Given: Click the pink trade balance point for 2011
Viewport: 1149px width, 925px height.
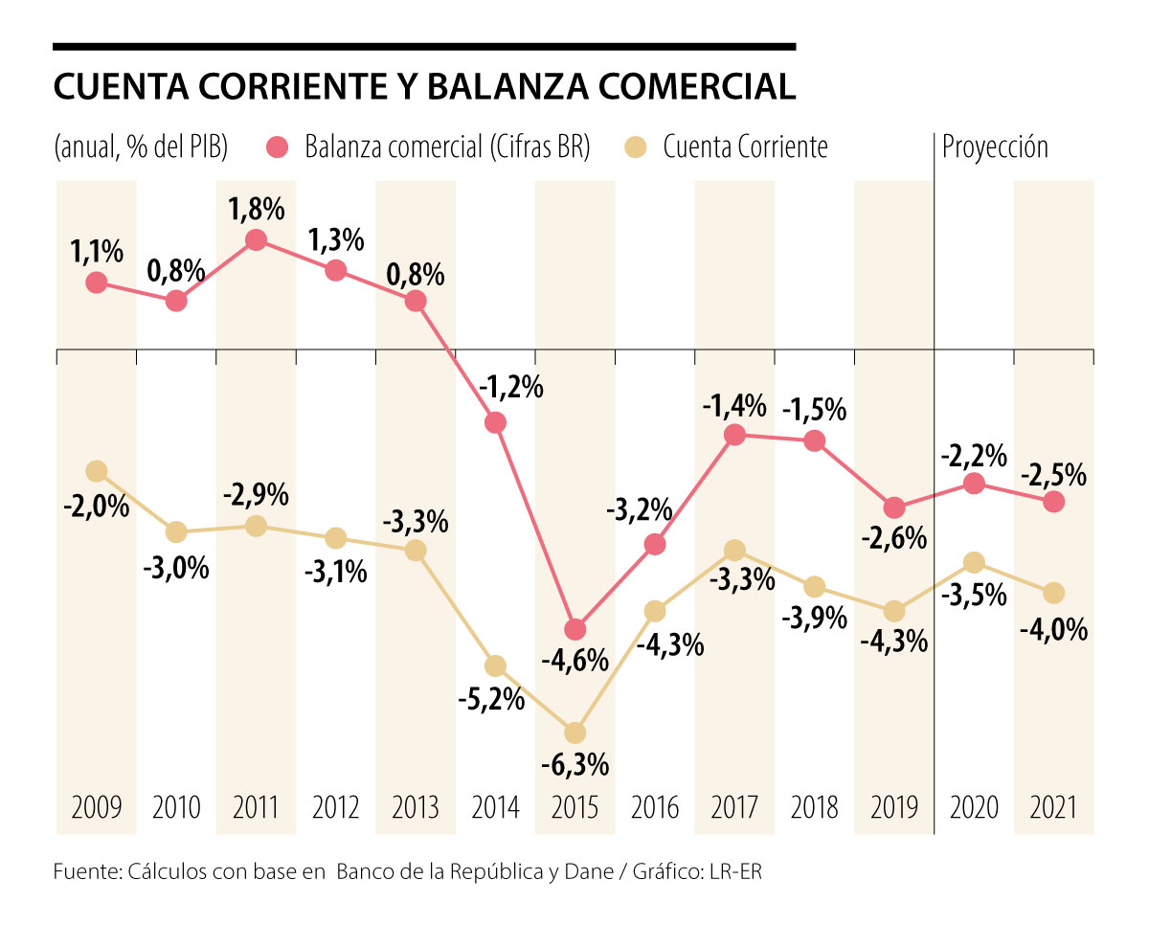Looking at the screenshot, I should [256, 240].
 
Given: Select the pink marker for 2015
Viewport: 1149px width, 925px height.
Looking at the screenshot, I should [574, 629].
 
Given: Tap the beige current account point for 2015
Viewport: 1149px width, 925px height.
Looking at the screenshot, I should [574, 733].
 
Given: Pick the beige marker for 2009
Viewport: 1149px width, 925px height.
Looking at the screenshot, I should [96, 470].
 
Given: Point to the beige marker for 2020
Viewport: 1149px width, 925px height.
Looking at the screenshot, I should [974, 561].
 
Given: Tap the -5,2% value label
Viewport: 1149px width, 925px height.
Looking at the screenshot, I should [495, 699].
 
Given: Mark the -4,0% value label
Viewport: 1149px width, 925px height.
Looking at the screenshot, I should [1054, 629].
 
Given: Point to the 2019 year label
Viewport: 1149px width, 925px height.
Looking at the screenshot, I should [894, 807].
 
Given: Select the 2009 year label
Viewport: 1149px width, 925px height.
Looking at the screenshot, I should [96, 807].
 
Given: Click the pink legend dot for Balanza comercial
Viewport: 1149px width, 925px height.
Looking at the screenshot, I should [279, 147].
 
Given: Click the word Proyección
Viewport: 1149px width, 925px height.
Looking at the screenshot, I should [995, 147].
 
